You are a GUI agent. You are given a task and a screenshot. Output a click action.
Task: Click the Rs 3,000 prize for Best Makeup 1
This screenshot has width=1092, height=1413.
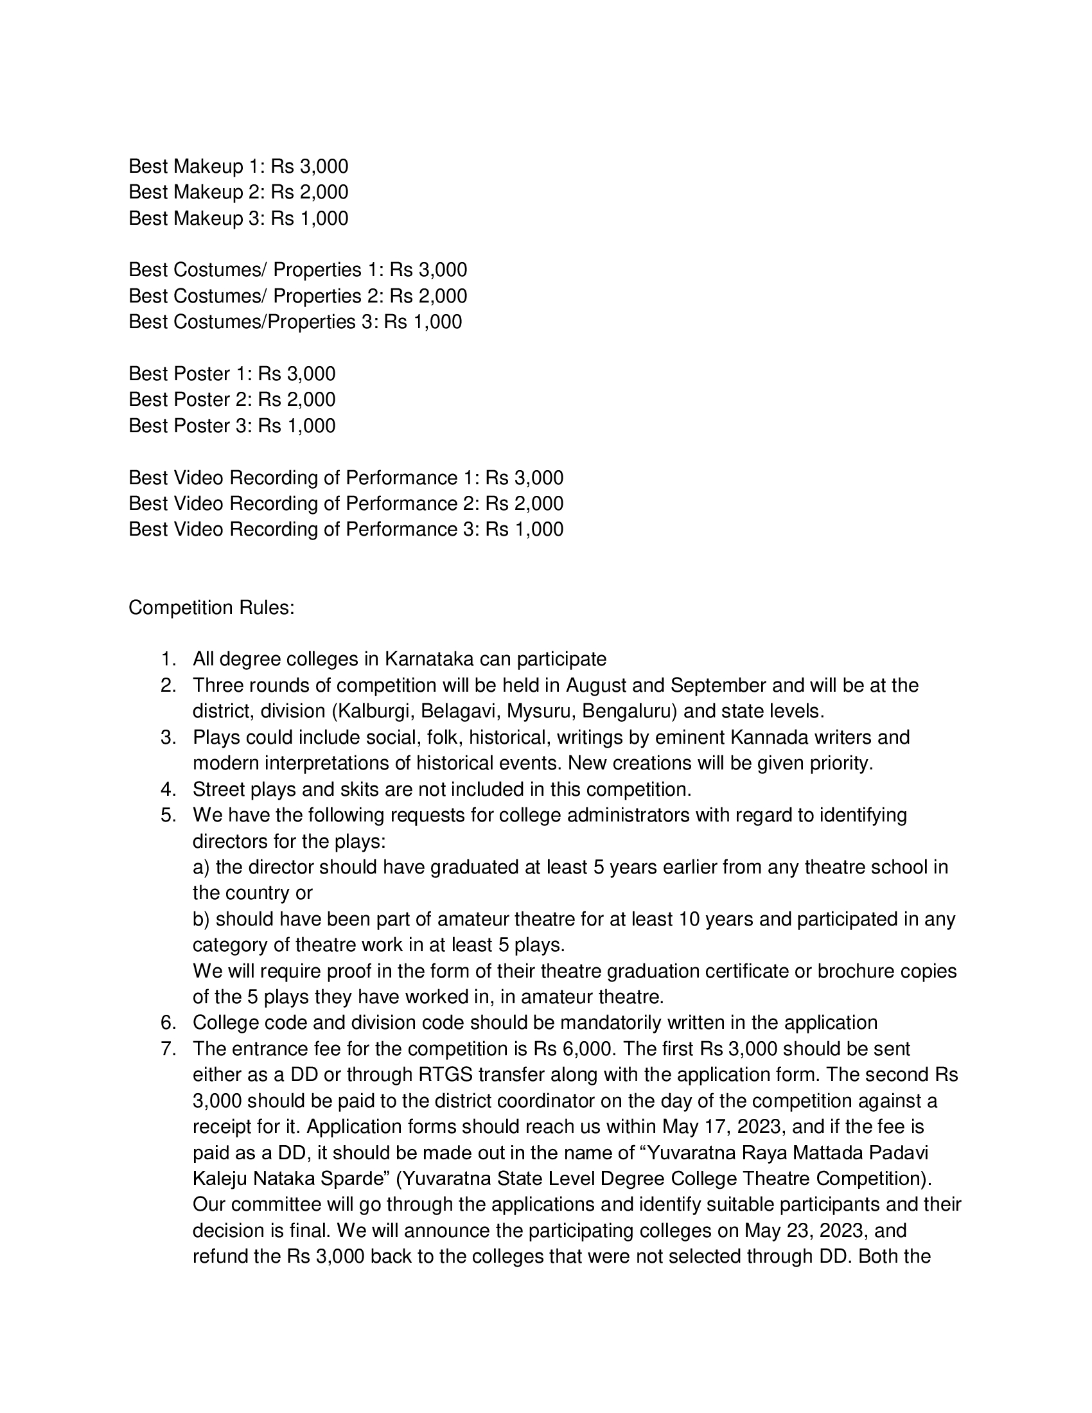coord(309,166)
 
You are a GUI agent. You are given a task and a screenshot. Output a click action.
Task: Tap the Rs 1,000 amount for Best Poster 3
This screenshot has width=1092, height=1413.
coord(296,426)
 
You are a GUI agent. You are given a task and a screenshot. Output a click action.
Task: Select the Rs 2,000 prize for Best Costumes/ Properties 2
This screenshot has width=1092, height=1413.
coord(428,295)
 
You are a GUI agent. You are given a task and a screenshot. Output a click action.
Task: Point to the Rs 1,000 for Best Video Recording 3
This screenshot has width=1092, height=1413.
coord(525,529)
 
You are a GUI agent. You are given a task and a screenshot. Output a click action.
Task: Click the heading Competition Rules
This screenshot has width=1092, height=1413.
coord(211,608)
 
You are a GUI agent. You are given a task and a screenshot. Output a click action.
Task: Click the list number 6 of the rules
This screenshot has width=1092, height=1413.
coord(168,1022)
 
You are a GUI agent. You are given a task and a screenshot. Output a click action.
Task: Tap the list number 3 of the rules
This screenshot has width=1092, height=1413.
coord(168,737)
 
